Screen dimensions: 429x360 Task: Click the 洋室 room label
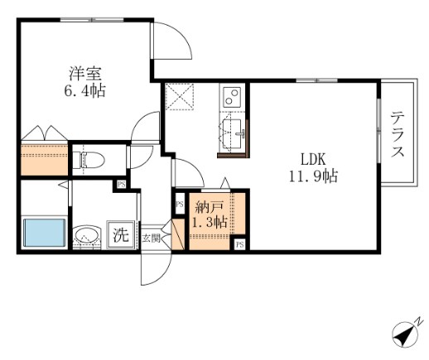pos(85,74)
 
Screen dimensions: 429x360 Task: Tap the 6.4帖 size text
pos(85,91)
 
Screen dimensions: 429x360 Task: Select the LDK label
pos(313,159)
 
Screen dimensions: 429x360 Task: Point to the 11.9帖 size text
pos(313,175)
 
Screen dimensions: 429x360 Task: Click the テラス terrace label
pos(398,134)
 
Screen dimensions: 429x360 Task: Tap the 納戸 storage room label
pos(209,207)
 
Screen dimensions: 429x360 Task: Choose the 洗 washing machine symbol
pos(121,235)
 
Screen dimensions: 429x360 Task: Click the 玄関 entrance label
pos(151,238)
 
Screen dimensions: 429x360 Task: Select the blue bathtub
pos(45,233)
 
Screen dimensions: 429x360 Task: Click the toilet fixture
pos(89,160)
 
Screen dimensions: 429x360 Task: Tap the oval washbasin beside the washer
pos(87,237)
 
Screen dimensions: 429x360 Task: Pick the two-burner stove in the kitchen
pos(233,96)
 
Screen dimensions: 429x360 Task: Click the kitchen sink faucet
pos(240,133)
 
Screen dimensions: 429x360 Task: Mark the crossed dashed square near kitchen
pos(180,97)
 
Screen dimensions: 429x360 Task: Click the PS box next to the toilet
pos(121,184)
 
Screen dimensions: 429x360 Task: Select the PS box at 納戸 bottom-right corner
pos(240,244)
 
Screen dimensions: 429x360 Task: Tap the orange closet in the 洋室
pos(45,159)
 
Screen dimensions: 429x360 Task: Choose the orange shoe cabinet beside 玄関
pos(178,234)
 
